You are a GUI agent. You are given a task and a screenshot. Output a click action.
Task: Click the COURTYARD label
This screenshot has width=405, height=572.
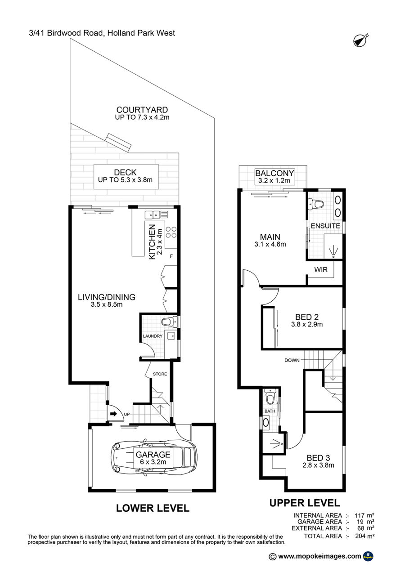[142, 110]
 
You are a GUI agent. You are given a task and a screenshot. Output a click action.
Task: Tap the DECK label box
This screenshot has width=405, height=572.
[126, 177]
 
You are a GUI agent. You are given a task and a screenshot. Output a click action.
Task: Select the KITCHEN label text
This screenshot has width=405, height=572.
[152, 241]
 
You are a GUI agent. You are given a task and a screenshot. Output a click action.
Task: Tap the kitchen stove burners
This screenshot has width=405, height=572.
[171, 232]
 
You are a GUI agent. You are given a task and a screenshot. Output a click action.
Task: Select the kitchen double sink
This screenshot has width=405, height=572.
[153, 215]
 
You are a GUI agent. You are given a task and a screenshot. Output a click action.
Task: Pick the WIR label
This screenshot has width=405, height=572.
[321, 269]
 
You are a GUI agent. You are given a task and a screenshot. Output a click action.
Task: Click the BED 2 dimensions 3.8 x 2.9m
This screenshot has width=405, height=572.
[307, 324]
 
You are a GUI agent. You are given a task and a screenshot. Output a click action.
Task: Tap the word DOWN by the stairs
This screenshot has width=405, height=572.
[292, 360]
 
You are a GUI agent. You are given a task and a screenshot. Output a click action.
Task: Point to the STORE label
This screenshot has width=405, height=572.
[160, 374]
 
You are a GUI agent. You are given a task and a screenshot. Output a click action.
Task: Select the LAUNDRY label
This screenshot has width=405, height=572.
[153, 336]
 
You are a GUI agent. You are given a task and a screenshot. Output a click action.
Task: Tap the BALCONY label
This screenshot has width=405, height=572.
[274, 174]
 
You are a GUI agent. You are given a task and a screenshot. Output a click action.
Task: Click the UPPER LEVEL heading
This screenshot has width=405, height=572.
[305, 503]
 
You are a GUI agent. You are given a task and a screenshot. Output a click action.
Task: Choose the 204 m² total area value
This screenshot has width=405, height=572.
[365, 536]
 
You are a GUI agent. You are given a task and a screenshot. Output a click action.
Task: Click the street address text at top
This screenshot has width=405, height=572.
[102, 33]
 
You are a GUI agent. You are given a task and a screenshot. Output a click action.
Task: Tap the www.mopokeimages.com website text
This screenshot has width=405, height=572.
[319, 556]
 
